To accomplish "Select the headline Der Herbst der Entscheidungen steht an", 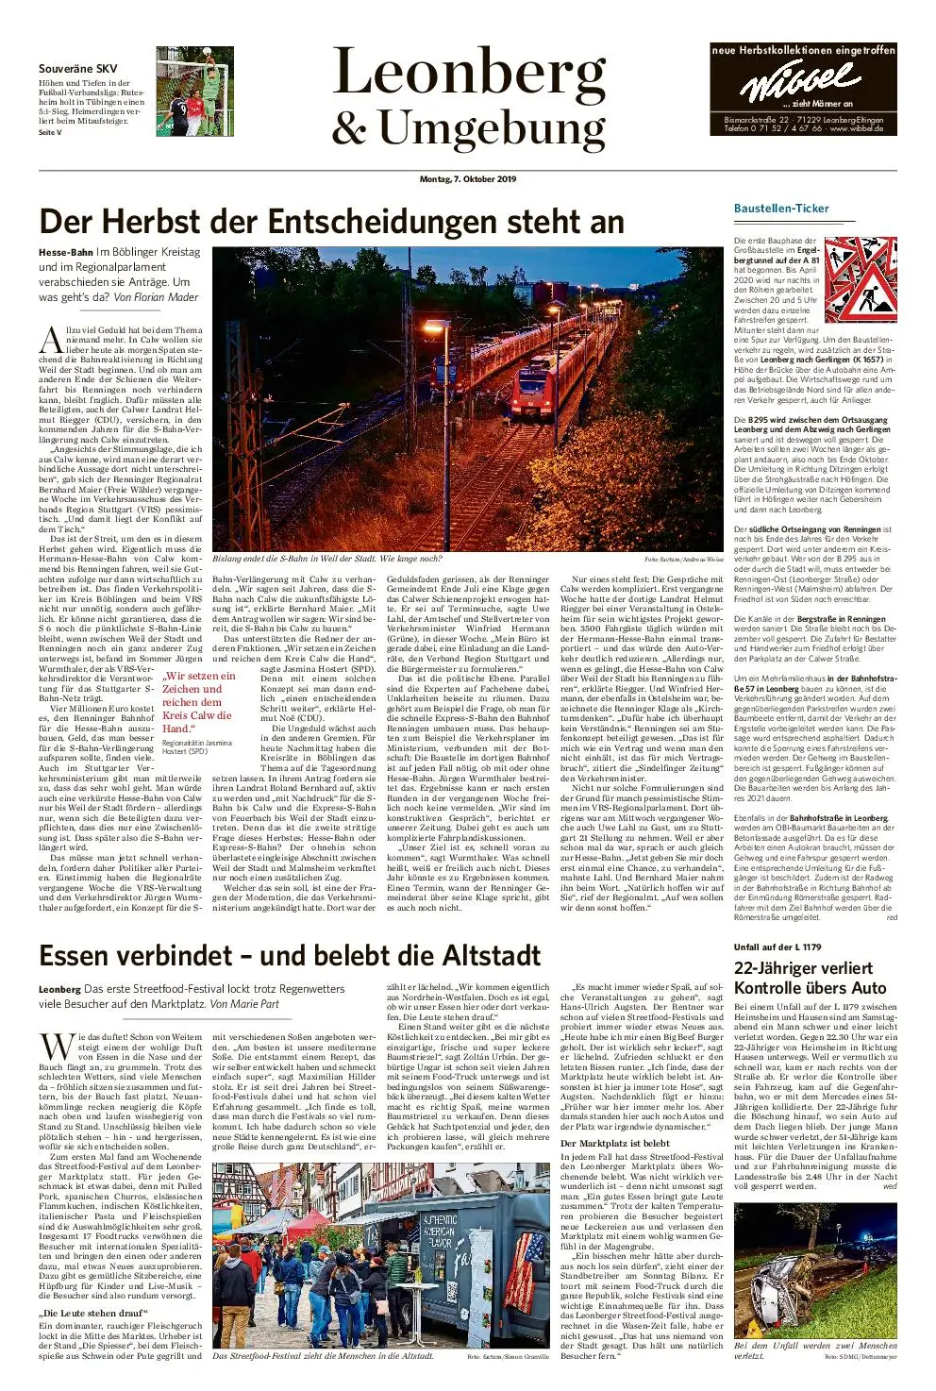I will (331, 221).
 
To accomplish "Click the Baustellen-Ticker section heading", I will (781, 208).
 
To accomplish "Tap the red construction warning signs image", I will (861, 279).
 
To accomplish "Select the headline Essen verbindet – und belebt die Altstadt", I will (290, 956).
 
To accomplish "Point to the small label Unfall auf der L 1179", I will (777, 947).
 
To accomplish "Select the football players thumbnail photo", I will (194, 92).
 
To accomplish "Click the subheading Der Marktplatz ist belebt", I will (614, 1144).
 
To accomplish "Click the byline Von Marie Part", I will (244, 1004).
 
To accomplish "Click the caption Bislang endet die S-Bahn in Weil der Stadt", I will (327, 559).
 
